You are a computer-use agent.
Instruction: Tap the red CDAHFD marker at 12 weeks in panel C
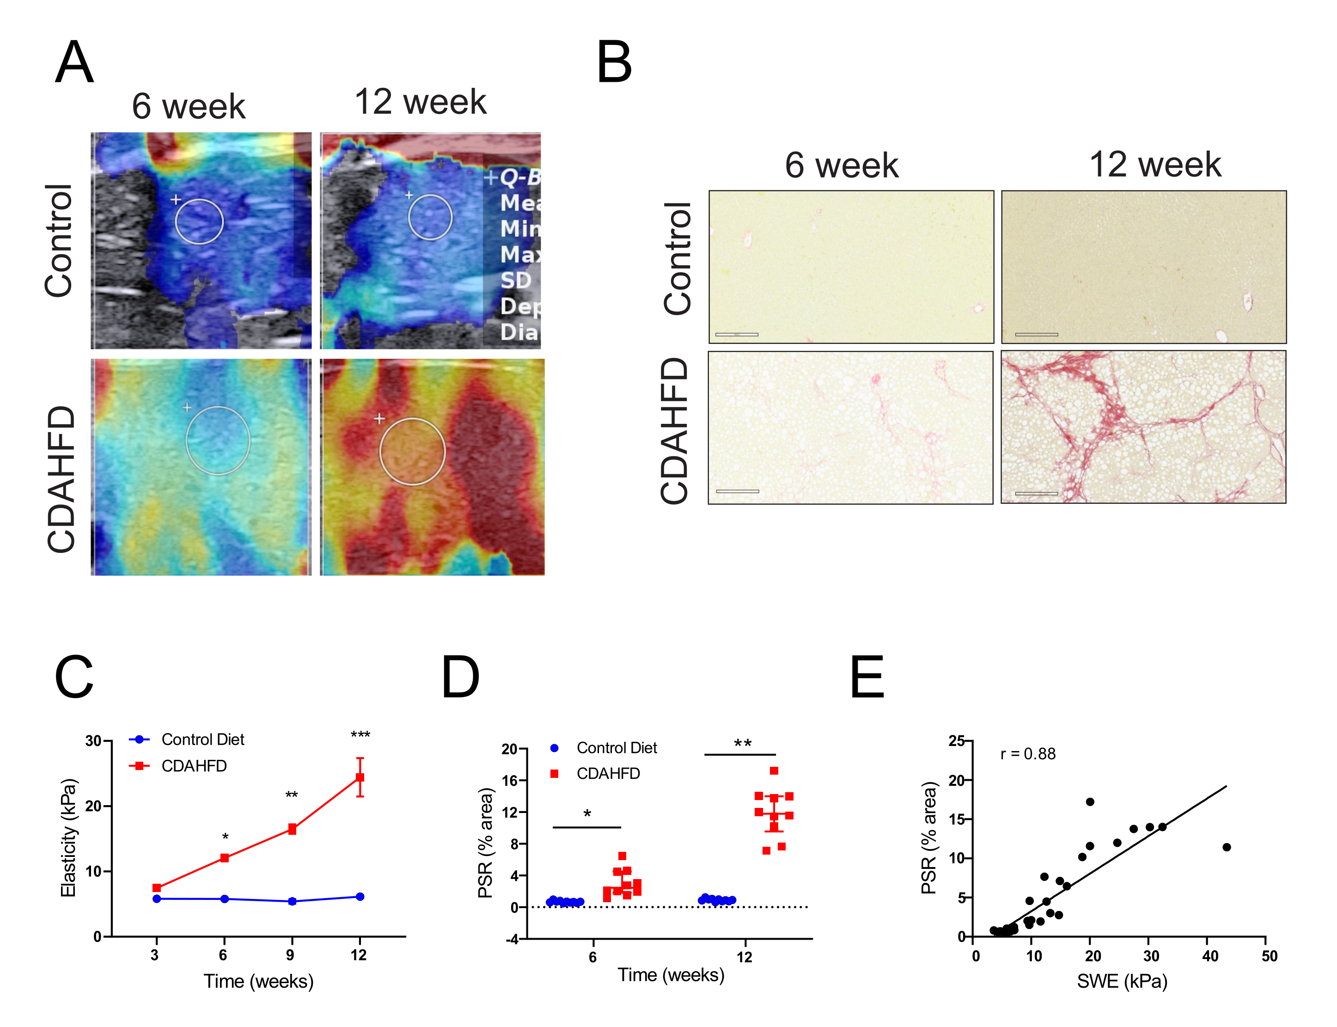tap(360, 777)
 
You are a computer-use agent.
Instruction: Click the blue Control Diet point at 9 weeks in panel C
tap(292, 901)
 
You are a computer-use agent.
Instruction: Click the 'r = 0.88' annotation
tap(1028, 754)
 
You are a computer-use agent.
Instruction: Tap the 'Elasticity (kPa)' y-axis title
tap(68, 837)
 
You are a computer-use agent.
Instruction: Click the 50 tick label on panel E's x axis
tap(1269, 956)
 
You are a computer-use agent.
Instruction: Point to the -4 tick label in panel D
tap(512, 939)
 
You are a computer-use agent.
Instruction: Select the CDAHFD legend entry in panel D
tap(608, 773)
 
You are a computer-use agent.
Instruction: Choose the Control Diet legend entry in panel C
tap(202, 740)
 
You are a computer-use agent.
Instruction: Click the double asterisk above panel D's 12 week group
tap(742, 744)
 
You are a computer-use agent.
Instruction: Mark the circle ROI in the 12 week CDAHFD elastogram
tap(412, 452)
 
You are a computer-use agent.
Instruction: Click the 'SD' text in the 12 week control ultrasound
tap(516, 281)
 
